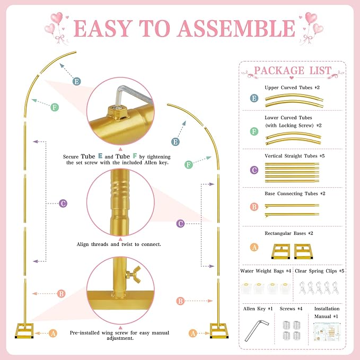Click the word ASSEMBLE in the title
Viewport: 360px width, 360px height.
[x=236, y=28]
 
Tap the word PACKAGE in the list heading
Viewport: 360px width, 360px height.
[x=279, y=71]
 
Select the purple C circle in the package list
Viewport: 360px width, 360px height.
[x=254, y=170]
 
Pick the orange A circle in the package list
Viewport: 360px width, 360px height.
[x=254, y=247]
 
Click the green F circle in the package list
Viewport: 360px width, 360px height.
[x=254, y=131]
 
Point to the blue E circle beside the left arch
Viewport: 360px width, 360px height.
[x=77, y=82]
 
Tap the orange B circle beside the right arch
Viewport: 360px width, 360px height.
[x=180, y=301]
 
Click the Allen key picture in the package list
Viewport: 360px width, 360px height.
[x=257, y=330]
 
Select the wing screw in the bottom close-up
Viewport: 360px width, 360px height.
[x=134, y=274]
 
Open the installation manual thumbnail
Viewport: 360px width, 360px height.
[x=327, y=332]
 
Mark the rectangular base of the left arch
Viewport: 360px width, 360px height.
[x=24, y=331]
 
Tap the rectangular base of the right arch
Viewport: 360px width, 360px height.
[x=219, y=331]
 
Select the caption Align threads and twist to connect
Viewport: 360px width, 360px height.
[x=119, y=244]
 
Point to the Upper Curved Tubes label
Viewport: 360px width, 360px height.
[x=288, y=87]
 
